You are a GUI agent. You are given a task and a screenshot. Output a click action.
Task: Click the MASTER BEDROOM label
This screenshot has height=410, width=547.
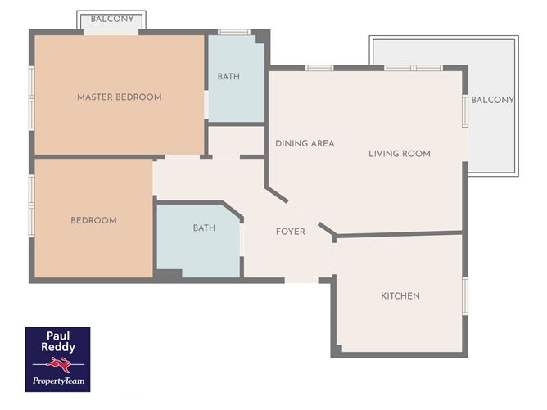(x=120, y=97)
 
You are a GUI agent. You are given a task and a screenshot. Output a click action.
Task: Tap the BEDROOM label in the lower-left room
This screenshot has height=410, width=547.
(x=93, y=220)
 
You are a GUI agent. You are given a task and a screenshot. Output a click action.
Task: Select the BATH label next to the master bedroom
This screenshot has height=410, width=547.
(x=228, y=77)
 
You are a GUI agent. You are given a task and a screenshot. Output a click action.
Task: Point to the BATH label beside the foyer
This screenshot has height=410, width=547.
(x=204, y=228)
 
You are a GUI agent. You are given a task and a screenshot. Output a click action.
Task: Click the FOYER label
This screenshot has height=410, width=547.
(x=290, y=232)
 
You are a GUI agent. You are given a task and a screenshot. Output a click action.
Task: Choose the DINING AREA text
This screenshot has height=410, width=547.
(x=305, y=143)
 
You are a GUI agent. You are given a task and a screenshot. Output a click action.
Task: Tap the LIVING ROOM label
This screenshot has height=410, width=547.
(x=400, y=154)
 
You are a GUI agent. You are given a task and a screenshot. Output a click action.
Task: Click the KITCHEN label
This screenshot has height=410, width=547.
(x=400, y=296)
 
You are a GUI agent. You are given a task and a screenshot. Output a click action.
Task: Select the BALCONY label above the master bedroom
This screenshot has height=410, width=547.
(x=112, y=19)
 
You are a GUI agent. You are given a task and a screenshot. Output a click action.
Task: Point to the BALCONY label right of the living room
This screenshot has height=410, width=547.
(x=493, y=100)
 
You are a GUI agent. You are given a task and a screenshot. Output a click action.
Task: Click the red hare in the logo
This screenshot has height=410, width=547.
(x=59, y=364)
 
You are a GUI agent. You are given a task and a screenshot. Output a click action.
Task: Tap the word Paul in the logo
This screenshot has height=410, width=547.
(x=58, y=336)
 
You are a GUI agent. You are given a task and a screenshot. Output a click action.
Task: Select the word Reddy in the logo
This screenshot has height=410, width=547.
(x=58, y=347)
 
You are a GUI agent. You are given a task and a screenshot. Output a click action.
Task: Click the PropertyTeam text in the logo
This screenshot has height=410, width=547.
(x=59, y=381)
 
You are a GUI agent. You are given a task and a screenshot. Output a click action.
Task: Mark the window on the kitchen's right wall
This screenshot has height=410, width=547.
(x=465, y=296)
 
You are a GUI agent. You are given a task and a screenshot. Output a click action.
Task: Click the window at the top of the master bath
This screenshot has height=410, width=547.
(x=234, y=32)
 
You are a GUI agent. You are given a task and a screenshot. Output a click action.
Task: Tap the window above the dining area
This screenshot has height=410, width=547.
(x=319, y=68)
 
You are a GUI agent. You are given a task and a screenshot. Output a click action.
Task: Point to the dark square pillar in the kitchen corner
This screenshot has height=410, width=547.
(x=337, y=349)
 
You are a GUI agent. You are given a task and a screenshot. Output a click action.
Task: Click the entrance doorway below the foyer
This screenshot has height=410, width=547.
(x=301, y=281)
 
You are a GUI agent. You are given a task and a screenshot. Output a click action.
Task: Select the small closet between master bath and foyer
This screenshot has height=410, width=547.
(x=236, y=140)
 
